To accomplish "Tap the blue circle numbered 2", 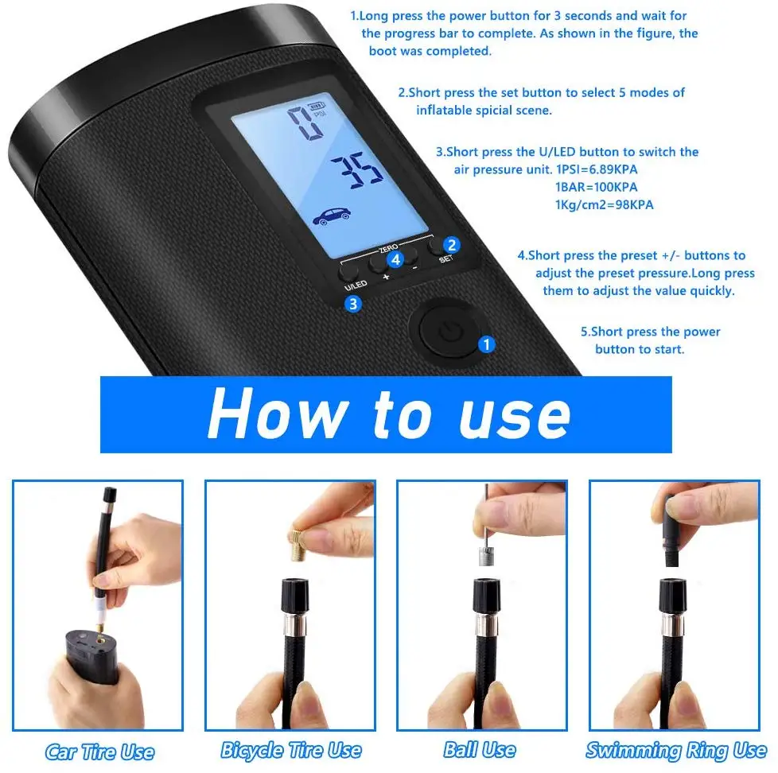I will [451, 245].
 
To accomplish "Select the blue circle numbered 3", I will [353, 303].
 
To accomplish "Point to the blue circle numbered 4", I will [395, 258].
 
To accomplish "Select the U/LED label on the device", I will [355, 285].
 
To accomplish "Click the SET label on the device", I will [446, 259].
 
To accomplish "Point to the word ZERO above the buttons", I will [390, 247].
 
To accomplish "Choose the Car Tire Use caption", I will [99, 752].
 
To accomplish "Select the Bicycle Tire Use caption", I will [291, 750].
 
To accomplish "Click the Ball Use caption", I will [480, 750].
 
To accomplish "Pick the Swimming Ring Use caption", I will [676, 750].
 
